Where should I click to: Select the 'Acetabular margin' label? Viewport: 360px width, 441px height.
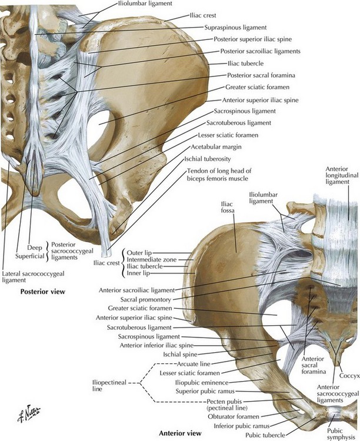click(x=212, y=146)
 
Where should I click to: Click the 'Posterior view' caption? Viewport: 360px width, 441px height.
click(x=42, y=291)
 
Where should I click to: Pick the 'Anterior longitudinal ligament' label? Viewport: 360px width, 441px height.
click(x=341, y=178)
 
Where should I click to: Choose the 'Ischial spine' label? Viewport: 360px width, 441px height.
click(x=159, y=355)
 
